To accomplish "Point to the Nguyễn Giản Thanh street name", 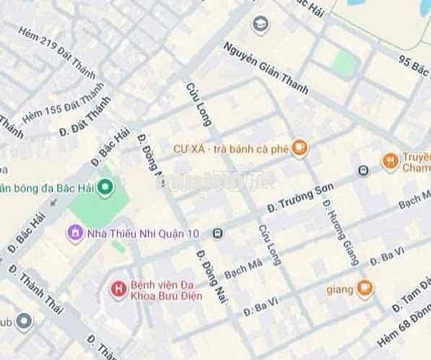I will (x=265, y=67).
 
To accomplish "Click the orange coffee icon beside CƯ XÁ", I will (x=301, y=148).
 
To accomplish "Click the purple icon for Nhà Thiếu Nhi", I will (x=74, y=233).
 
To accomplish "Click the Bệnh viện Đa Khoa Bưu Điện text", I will (x=165, y=290).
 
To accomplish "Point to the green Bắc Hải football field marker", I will (x=106, y=188).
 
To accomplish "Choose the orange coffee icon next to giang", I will (x=365, y=289).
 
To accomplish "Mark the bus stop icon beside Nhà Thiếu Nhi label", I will (x=217, y=233).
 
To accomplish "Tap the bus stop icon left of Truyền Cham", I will (x=363, y=171).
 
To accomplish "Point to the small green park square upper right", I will (x=345, y=64).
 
